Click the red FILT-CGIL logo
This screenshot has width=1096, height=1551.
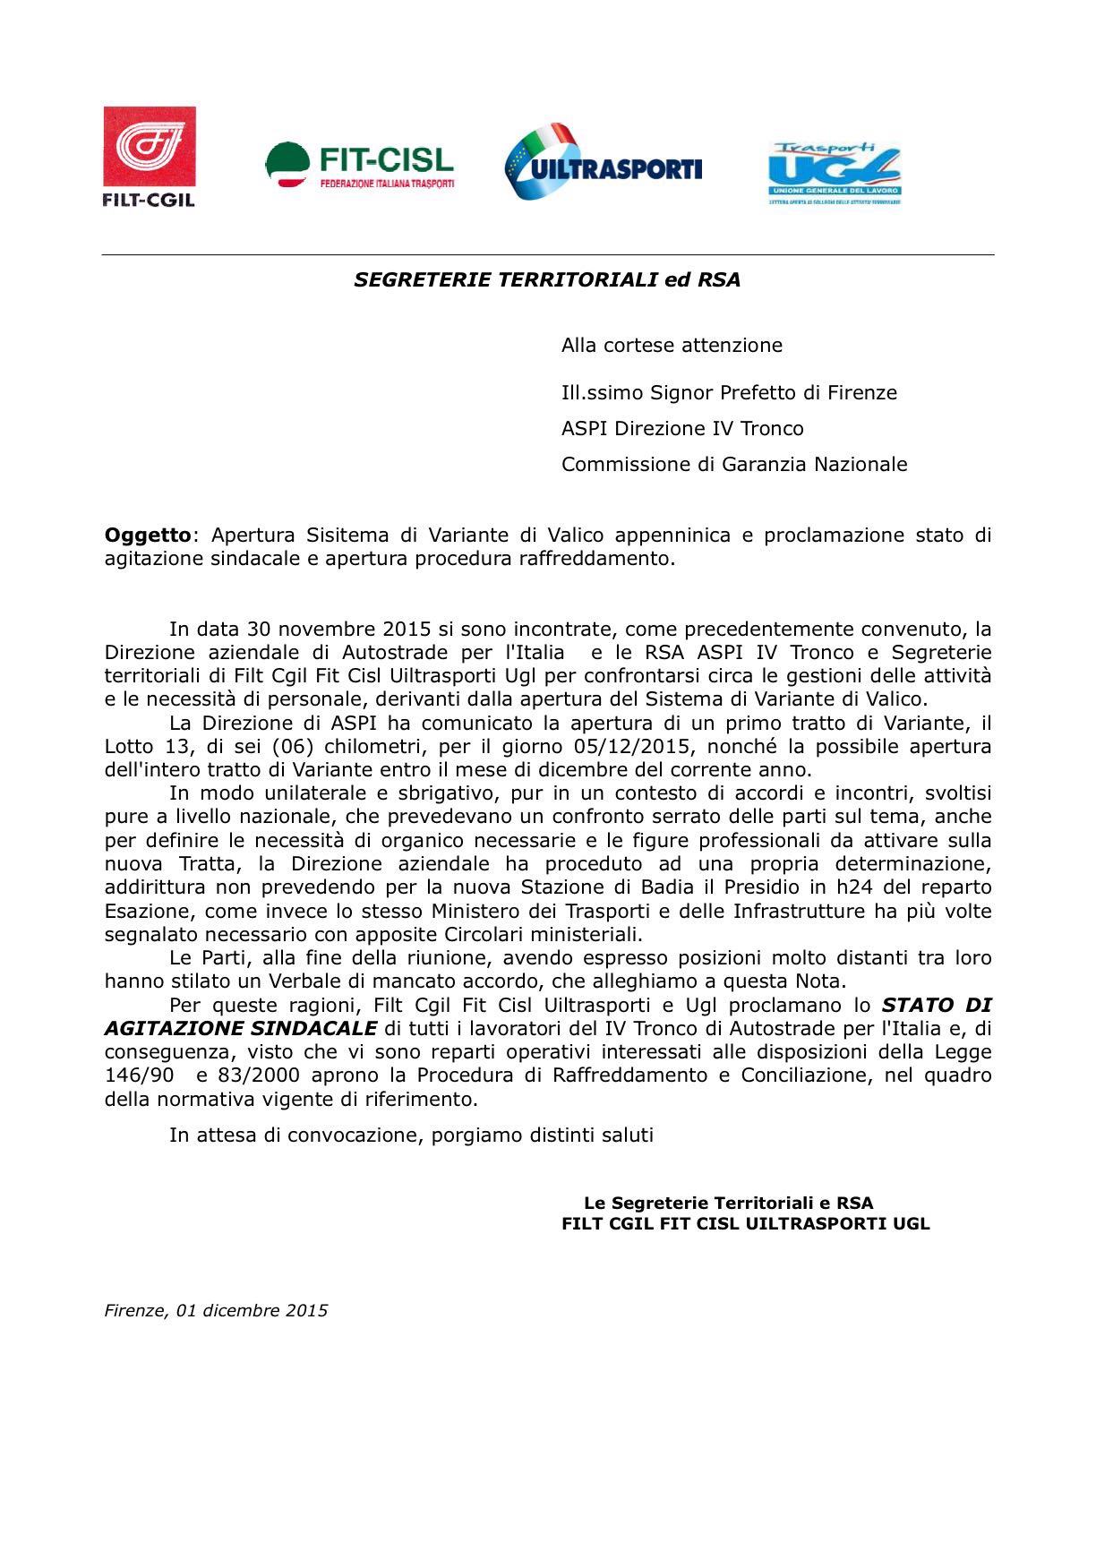coord(149,156)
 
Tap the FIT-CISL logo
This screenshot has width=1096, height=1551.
coord(360,165)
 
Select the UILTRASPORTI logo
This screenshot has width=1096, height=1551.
coord(603,162)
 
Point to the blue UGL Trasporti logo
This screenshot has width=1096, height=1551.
coord(834,173)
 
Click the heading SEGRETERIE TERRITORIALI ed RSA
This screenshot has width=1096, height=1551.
coord(547,279)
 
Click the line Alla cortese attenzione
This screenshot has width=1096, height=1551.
coord(672,346)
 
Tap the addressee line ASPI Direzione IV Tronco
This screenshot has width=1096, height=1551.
coord(682,429)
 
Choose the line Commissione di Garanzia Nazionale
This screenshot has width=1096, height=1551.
coord(734,465)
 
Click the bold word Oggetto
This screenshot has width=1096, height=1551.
coord(148,536)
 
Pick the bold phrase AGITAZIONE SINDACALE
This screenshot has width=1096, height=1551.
coord(240,1029)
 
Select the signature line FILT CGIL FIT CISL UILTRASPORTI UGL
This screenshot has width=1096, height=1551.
coord(745,1224)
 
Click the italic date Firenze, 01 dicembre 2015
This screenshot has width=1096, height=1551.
coord(216,1311)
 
